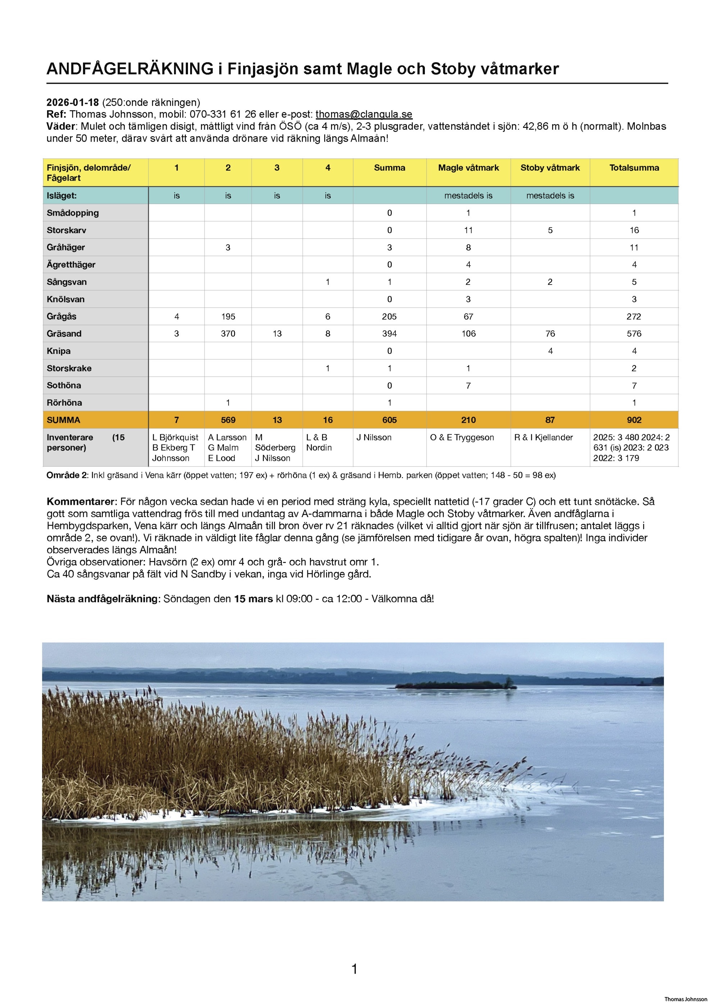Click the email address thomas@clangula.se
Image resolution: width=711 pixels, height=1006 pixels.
363,114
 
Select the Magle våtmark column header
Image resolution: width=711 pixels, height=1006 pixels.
468,168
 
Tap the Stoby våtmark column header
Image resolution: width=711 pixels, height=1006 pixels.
550,168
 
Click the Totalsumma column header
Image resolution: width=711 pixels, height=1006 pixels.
634,168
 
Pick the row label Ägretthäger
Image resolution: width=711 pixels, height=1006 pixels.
71,265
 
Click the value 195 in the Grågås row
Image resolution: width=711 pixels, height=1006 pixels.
228,316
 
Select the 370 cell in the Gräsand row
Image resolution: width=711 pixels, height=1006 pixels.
228,334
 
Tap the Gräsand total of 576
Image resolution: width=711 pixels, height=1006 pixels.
634,334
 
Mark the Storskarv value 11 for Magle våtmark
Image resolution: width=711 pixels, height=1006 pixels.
468,230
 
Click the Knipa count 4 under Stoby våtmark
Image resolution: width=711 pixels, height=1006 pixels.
550,351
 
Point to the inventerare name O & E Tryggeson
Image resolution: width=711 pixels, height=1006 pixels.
462,437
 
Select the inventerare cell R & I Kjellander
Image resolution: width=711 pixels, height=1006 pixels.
543,437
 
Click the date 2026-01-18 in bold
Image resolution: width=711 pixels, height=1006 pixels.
73,102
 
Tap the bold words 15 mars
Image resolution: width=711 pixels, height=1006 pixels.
253,599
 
